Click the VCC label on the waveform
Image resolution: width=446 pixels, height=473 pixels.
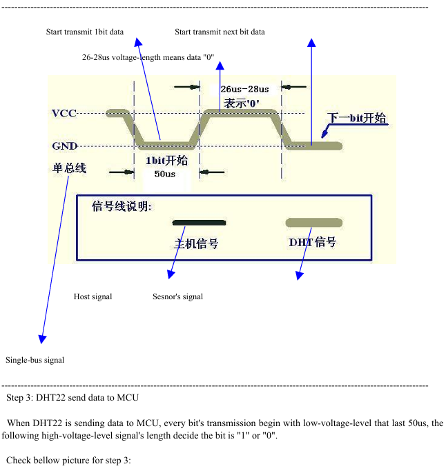point(64,113)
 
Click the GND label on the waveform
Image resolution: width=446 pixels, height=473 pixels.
point(65,146)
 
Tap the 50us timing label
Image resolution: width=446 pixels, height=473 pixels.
point(165,174)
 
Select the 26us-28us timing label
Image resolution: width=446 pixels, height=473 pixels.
point(244,90)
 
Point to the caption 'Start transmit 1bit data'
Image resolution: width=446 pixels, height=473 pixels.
point(85,32)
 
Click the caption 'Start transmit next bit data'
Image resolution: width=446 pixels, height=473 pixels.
point(220,32)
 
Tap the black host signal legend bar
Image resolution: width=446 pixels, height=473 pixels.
point(199,223)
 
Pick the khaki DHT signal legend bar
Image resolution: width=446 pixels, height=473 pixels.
point(314,223)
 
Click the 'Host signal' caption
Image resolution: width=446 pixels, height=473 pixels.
point(93,296)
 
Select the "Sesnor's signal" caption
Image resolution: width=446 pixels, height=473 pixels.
point(178,296)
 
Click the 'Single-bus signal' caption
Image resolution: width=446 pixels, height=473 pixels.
point(35,360)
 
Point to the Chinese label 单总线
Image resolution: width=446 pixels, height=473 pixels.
point(70,168)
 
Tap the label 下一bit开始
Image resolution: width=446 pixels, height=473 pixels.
point(357,118)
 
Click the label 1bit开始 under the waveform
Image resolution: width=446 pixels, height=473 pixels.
point(166,161)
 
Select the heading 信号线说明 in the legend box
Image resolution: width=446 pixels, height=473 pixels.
point(122,207)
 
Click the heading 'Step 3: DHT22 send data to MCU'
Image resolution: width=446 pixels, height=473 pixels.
point(72,398)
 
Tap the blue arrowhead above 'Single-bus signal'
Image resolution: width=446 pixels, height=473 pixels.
point(42,339)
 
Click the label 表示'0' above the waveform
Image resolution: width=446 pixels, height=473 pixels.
point(242,103)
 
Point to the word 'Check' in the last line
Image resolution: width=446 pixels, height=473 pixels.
point(19,461)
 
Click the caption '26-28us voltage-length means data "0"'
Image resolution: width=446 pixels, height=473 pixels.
point(148,57)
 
